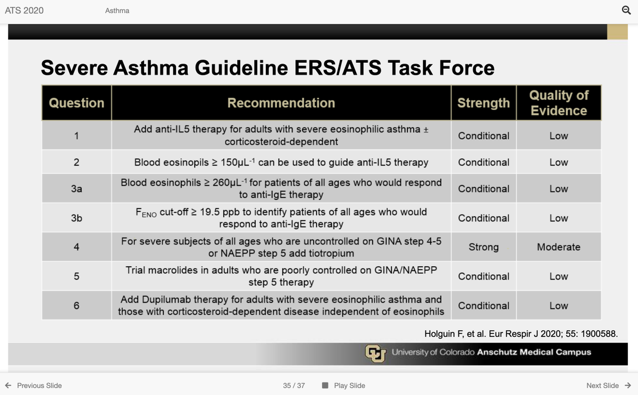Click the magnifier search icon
point(626,10)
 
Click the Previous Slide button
point(33,385)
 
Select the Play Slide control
point(344,385)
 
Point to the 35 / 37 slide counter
point(294,385)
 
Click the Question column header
point(77,103)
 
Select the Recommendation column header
point(281,103)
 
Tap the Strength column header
point(483,103)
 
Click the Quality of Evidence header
point(558,103)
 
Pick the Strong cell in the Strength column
point(483,247)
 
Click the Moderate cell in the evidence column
point(558,247)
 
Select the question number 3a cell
point(77,188)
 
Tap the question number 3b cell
point(77,217)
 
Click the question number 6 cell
point(77,305)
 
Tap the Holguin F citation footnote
point(521,334)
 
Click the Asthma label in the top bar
point(117,11)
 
